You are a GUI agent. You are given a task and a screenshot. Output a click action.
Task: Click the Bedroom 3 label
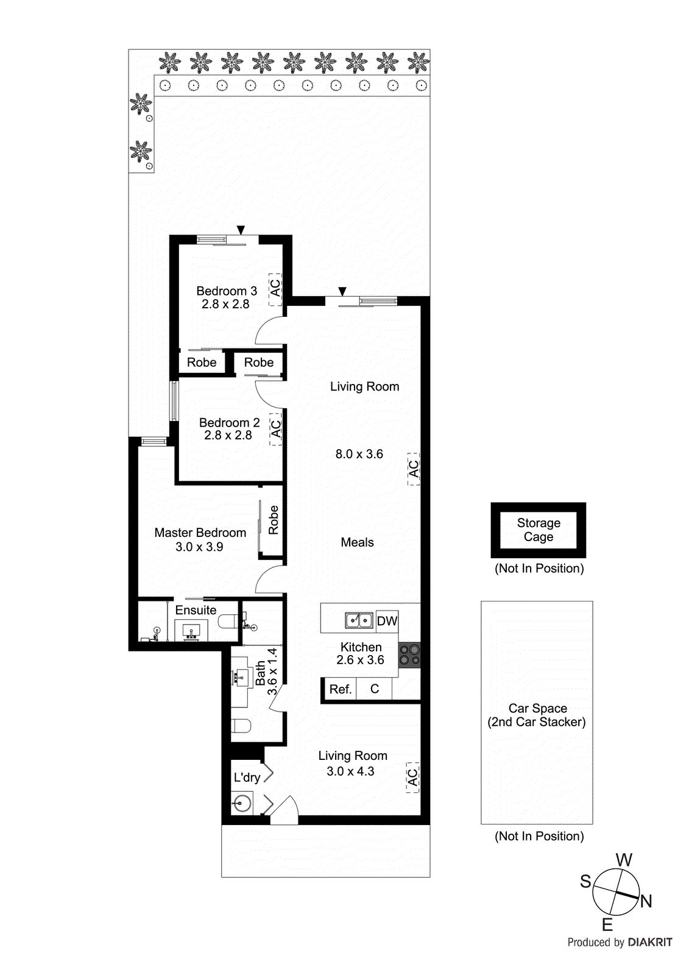(226, 291)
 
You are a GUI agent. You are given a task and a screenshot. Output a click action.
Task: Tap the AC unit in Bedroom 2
(276, 429)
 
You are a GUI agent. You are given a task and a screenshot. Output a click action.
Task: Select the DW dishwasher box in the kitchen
(387, 621)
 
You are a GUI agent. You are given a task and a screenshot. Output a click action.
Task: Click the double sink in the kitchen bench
(359, 620)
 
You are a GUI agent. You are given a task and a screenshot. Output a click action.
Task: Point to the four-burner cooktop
(409, 655)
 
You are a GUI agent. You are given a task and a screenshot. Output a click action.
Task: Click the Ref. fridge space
(340, 689)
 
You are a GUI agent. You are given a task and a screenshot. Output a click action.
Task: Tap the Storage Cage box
(539, 530)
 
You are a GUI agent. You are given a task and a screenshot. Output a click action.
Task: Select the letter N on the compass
(646, 901)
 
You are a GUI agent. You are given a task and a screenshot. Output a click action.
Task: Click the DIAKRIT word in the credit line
(649, 942)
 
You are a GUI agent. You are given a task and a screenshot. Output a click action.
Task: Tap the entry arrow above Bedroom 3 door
(241, 230)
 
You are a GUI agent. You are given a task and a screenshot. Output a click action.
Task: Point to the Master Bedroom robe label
(273, 520)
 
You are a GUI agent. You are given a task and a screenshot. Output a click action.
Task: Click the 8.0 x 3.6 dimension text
(359, 454)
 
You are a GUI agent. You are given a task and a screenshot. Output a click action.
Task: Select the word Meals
(357, 542)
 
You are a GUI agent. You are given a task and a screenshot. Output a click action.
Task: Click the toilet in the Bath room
(241, 725)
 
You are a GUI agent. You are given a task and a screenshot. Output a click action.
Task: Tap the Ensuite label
(196, 610)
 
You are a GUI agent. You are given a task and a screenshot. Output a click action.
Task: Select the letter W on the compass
(624, 860)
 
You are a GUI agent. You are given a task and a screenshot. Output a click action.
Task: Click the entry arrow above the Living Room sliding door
(342, 291)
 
